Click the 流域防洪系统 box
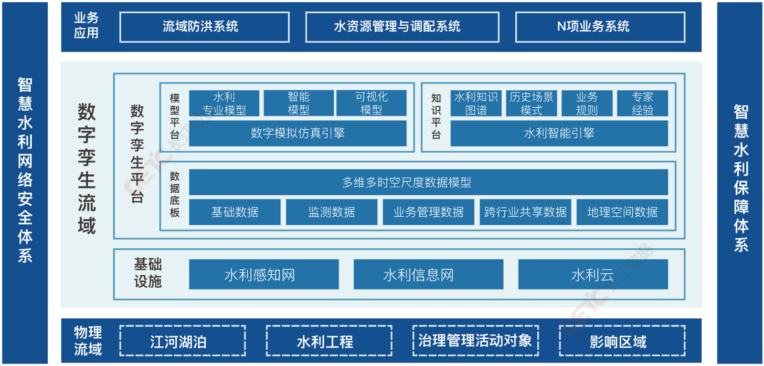tap(204, 27)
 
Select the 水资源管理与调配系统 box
tap(402, 27)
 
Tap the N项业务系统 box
tap(600, 27)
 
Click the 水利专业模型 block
tap(224, 103)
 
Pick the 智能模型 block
tap(298, 103)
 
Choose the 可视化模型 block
tap(371, 103)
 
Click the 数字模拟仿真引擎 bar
tap(297, 133)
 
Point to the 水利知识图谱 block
tap(476, 103)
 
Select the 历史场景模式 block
tap(531, 103)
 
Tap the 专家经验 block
tap(642, 103)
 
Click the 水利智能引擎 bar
tap(559, 133)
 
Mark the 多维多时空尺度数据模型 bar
tap(428, 182)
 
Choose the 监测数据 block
tap(331, 212)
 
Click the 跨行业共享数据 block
tap(525, 212)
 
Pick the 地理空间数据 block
tap(622, 212)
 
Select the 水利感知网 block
tap(264, 274)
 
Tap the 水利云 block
tap(593, 274)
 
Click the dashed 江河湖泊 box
tap(182, 341)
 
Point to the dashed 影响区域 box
tap(622, 341)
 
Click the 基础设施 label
tap(148, 272)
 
